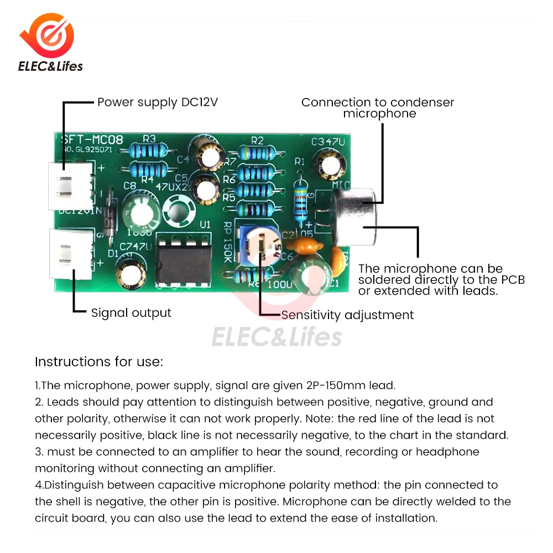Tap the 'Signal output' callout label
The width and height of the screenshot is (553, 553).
131,313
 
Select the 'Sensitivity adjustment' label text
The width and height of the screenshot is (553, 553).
347,315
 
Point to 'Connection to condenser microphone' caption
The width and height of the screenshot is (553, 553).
378,108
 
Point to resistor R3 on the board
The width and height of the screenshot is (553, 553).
148,150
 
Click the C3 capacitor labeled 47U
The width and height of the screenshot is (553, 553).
330,164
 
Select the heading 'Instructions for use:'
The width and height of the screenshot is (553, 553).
99,362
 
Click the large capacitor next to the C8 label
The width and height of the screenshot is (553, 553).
139,213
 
